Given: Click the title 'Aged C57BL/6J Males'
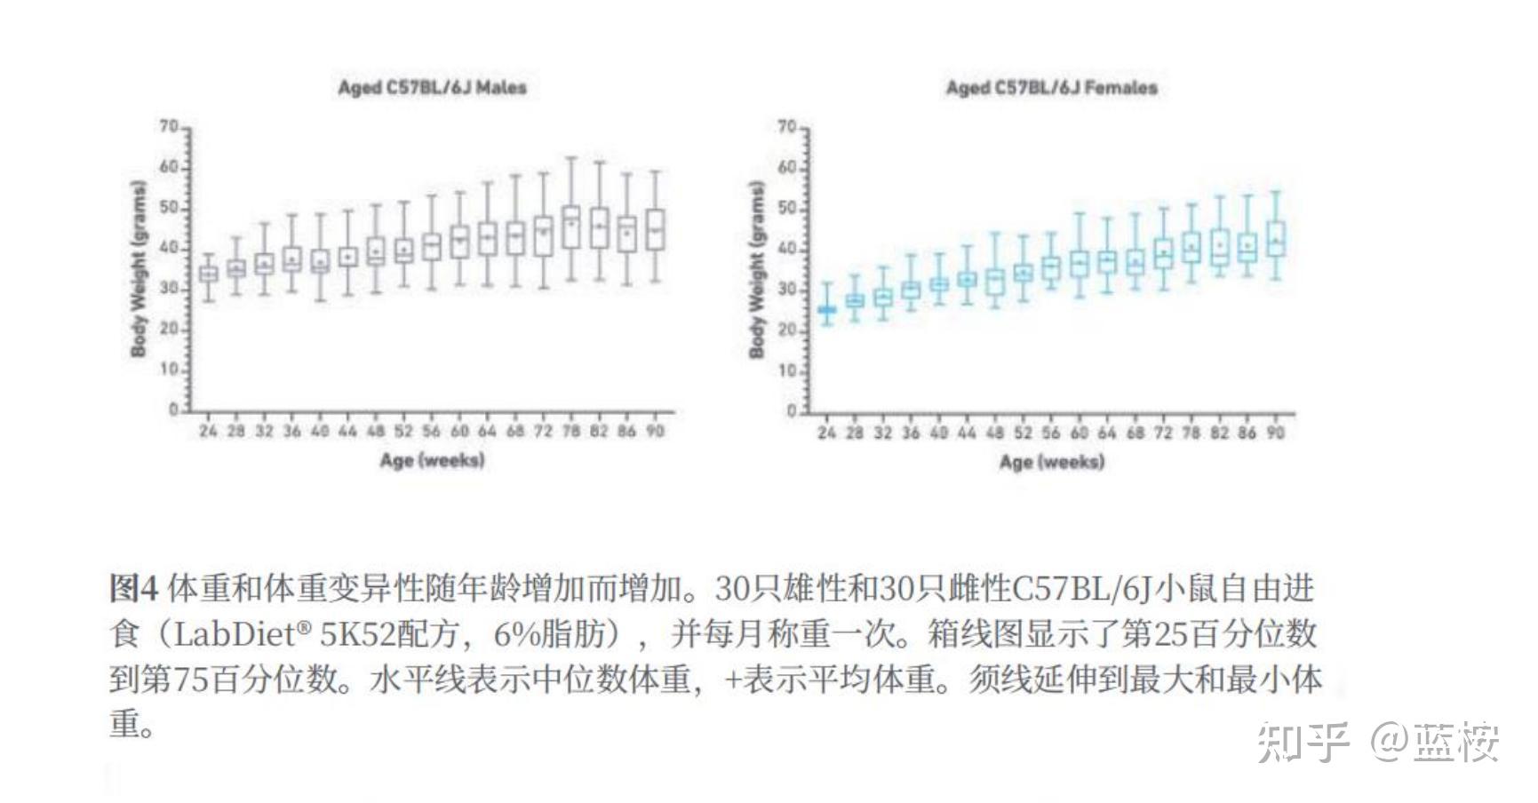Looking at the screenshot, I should click(x=432, y=87).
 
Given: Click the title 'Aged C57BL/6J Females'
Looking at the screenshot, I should click(x=1051, y=87).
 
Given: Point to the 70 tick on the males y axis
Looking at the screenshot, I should click(x=169, y=127).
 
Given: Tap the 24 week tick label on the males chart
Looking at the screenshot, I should click(x=208, y=431).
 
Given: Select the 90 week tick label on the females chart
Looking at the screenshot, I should click(x=1275, y=433).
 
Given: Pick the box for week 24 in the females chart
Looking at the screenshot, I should click(x=826, y=310).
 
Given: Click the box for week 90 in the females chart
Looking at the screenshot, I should click(x=1276, y=238).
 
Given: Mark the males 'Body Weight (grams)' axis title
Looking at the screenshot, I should click(x=138, y=268).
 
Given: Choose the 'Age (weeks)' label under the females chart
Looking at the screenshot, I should click(x=1051, y=462).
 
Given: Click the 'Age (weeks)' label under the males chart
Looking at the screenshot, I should click(x=432, y=460).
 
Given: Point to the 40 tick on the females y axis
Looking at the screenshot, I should click(x=787, y=250).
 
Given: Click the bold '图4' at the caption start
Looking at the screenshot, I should click(x=133, y=588).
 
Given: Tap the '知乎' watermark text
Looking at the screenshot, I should click(x=1303, y=742).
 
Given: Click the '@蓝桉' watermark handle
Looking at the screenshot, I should click(x=1434, y=742).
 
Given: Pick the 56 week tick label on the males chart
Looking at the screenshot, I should click(x=431, y=431).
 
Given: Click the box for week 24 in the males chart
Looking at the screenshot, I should click(x=208, y=274).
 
